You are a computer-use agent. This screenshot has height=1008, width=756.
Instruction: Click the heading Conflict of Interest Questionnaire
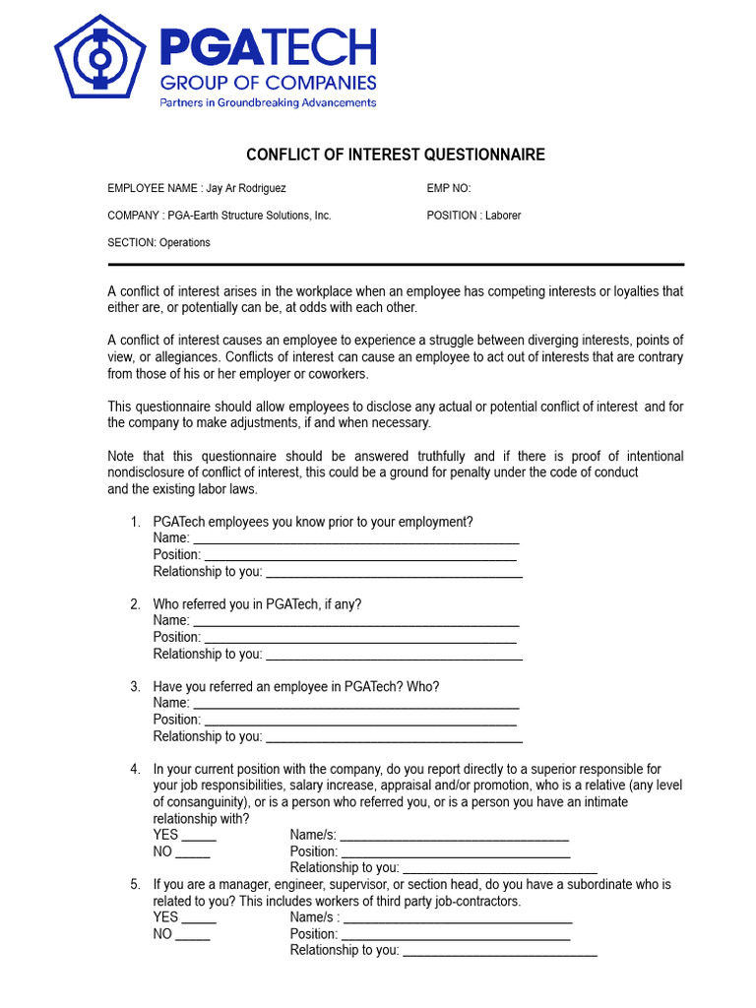(x=395, y=156)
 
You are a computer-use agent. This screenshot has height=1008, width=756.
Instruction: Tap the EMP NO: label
(x=449, y=188)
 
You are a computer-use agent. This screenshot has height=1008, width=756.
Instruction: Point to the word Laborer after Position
(x=502, y=216)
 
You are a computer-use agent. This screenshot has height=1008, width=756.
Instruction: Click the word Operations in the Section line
(x=185, y=243)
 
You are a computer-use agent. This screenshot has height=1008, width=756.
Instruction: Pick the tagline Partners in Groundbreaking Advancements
(x=268, y=102)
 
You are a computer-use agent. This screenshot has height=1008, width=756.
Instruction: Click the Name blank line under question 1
(x=356, y=541)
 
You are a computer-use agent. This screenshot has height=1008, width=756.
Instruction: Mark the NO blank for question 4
(x=194, y=854)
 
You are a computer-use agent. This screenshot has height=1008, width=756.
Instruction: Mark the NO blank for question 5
(x=194, y=937)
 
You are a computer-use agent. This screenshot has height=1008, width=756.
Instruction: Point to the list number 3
(x=135, y=686)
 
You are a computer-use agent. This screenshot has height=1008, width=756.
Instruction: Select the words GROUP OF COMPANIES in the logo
(x=268, y=81)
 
